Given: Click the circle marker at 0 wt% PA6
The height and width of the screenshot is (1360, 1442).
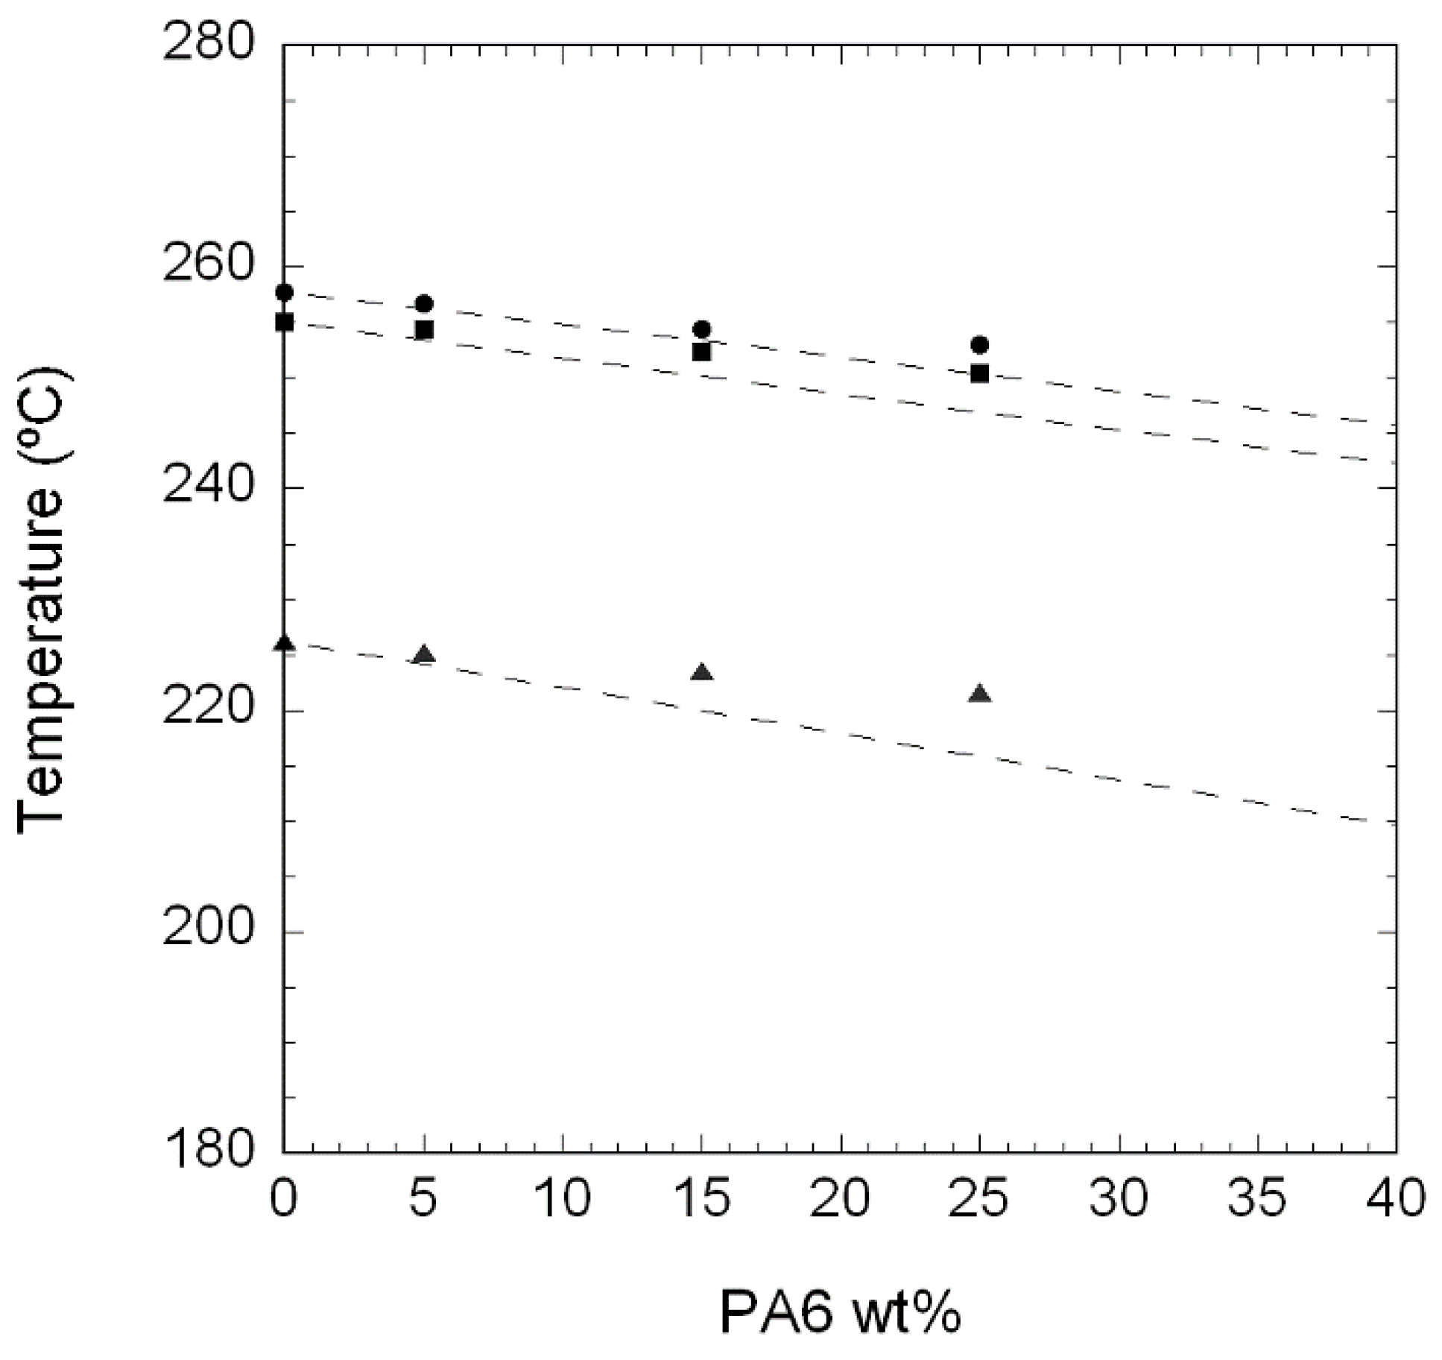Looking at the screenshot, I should click(284, 292).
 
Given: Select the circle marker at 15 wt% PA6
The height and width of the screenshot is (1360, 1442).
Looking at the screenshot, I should click(701, 329).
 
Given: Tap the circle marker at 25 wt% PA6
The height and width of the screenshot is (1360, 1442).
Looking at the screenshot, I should click(979, 344).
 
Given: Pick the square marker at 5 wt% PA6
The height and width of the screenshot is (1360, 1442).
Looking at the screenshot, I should click(424, 329).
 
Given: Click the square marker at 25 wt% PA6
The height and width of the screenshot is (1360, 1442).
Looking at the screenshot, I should click(979, 373).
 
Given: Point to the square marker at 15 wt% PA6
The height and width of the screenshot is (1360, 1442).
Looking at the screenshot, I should click(701, 351).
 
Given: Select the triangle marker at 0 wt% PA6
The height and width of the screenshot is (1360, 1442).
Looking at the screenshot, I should click(284, 643).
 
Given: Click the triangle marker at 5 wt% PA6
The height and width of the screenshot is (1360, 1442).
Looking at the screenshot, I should click(424, 654).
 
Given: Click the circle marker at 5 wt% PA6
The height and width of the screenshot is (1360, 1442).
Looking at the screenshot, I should click(424, 304).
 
